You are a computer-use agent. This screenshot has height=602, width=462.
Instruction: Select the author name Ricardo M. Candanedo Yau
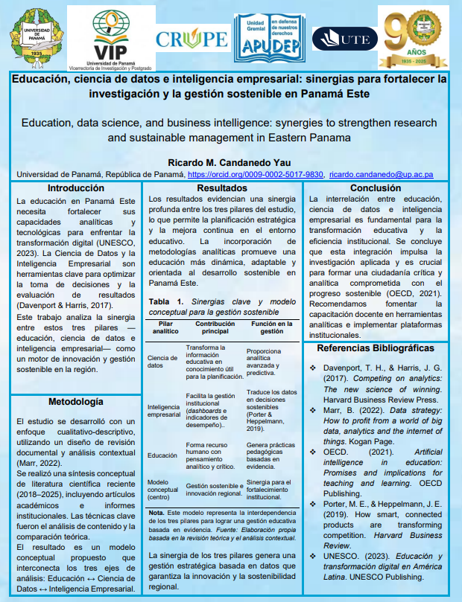pos(230,162)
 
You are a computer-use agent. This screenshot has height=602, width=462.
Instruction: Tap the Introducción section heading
pos(76,188)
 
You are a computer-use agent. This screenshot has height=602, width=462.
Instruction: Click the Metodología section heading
pos(76,401)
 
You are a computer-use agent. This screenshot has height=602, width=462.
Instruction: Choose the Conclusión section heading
pos(376,188)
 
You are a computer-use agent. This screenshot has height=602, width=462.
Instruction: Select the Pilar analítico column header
pos(165,328)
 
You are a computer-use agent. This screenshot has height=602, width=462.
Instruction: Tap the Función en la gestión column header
pos(271,328)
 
